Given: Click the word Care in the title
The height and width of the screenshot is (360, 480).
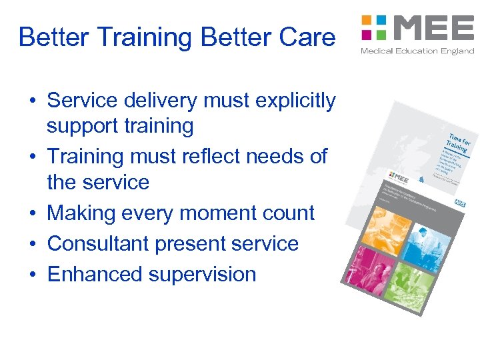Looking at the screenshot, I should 307,37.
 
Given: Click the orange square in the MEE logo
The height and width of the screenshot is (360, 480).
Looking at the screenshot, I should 366,21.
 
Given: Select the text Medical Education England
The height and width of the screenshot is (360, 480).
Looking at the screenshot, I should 417,51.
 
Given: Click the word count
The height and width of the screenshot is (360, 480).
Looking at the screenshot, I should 287,213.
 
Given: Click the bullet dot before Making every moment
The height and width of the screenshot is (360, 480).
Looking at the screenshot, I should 32,213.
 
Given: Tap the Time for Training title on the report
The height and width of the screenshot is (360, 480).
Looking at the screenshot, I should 458,141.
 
